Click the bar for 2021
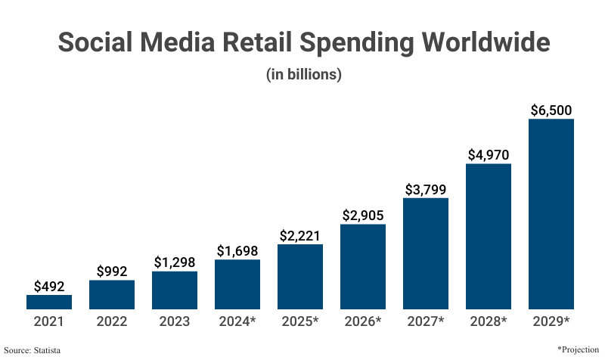point(49,302)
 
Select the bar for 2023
point(175,290)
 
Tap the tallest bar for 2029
point(551,214)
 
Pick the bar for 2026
point(363,266)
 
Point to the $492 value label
point(49,286)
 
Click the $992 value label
point(112,271)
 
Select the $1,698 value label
point(237,250)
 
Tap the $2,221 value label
point(300,234)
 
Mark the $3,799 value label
point(426,189)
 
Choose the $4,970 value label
point(489,154)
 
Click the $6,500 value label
point(551,110)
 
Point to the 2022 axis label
point(112,321)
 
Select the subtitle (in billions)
point(303,75)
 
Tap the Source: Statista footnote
point(32,349)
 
